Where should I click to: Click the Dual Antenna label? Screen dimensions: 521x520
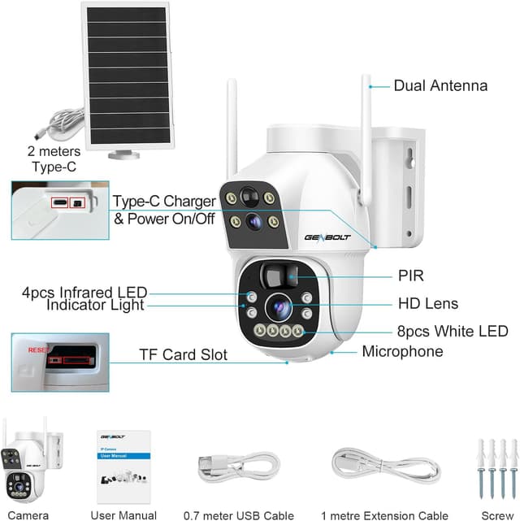(440, 85)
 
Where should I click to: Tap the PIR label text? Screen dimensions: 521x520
(411, 276)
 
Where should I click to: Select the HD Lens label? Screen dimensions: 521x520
(427, 304)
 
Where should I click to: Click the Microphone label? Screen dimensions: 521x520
(402, 351)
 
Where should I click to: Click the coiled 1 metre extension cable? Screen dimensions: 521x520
(384, 468)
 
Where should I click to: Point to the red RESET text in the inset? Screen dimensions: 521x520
(38, 350)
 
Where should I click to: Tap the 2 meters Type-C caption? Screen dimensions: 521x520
(54, 158)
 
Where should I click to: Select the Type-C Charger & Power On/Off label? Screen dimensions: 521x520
(164, 209)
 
